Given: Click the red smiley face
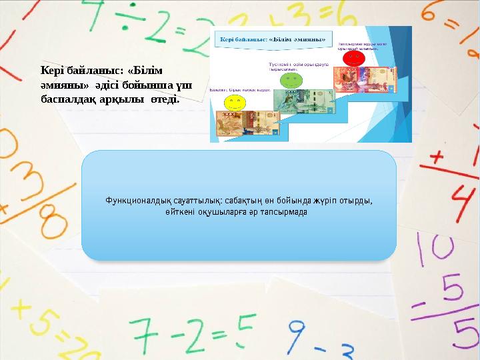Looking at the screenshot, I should point(355,59).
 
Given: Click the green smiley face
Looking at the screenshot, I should point(291,80).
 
